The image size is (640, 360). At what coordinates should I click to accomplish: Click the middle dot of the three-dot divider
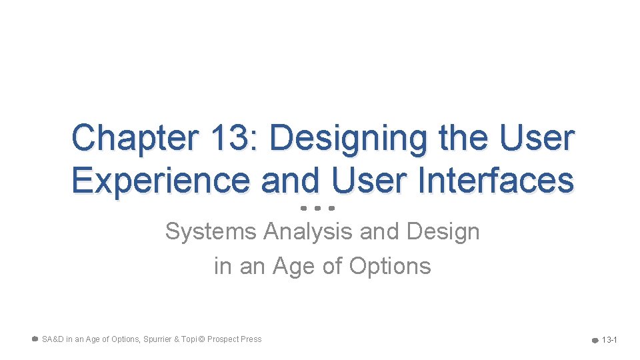(317, 208)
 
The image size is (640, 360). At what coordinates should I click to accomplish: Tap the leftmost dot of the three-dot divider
(303, 208)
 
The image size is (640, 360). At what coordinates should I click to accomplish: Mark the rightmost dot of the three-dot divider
(331, 208)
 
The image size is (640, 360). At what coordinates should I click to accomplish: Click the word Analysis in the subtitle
(308, 232)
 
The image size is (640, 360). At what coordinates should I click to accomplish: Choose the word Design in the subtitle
(442, 232)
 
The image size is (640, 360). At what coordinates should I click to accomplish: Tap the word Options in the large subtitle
(390, 266)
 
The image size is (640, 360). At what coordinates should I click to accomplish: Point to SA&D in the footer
(52, 339)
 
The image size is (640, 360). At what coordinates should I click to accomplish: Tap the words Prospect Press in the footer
(234, 339)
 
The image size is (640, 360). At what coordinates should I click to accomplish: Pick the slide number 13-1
(609, 340)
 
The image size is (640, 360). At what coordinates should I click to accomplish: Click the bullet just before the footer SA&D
(35, 339)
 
